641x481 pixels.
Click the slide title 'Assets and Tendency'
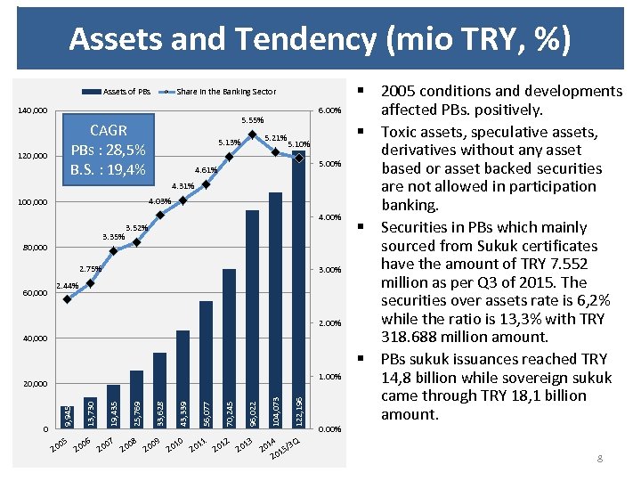point(320,39)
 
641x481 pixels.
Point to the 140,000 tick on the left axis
point(34,111)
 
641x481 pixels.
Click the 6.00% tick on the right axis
point(329,111)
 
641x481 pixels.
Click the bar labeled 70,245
point(229,347)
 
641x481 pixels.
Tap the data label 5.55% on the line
point(252,120)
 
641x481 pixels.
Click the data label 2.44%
point(68,286)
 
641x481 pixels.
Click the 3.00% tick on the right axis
point(329,269)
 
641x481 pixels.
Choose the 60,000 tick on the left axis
point(36,293)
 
